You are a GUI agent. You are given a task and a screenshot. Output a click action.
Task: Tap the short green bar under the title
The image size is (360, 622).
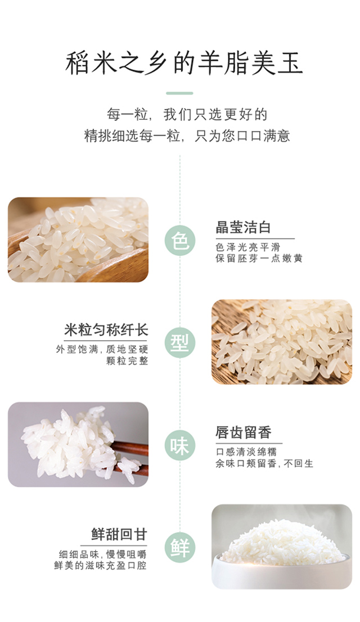[179, 93]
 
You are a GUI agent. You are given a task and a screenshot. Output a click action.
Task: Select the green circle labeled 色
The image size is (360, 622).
[180, 241]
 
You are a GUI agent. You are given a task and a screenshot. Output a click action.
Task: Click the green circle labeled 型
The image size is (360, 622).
[180, 342]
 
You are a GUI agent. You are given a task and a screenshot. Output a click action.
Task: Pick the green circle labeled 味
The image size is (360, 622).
[180, 445]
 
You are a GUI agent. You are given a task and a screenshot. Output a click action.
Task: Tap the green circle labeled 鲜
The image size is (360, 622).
[180, 547]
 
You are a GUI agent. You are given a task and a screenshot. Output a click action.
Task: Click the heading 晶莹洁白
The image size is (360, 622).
[243, 228]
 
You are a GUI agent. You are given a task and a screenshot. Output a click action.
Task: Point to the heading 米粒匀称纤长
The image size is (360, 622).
[106, 330]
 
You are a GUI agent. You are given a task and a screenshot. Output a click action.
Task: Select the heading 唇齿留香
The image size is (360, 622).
[243, 432]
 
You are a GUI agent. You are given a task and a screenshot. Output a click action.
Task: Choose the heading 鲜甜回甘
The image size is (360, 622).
[119, 534]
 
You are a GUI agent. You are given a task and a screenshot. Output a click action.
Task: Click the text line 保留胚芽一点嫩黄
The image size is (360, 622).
[259, 258]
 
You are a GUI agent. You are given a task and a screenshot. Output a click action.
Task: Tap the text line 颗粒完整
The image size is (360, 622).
[127, 360]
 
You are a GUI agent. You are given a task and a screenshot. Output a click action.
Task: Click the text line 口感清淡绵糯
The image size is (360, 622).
[246, 452]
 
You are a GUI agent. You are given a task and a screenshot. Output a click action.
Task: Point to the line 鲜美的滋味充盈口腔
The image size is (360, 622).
[101, 565]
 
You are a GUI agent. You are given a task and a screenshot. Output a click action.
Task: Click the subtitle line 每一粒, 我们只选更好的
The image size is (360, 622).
[187, 114]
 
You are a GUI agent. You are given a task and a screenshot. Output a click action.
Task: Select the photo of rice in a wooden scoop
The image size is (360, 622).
[78, 240]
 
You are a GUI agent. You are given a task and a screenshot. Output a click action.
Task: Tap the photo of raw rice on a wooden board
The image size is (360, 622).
[282, 342]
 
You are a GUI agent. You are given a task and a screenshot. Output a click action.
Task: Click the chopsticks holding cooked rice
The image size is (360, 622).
[129, 459]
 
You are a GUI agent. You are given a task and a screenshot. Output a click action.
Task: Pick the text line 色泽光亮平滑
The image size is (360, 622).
[248, 247]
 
